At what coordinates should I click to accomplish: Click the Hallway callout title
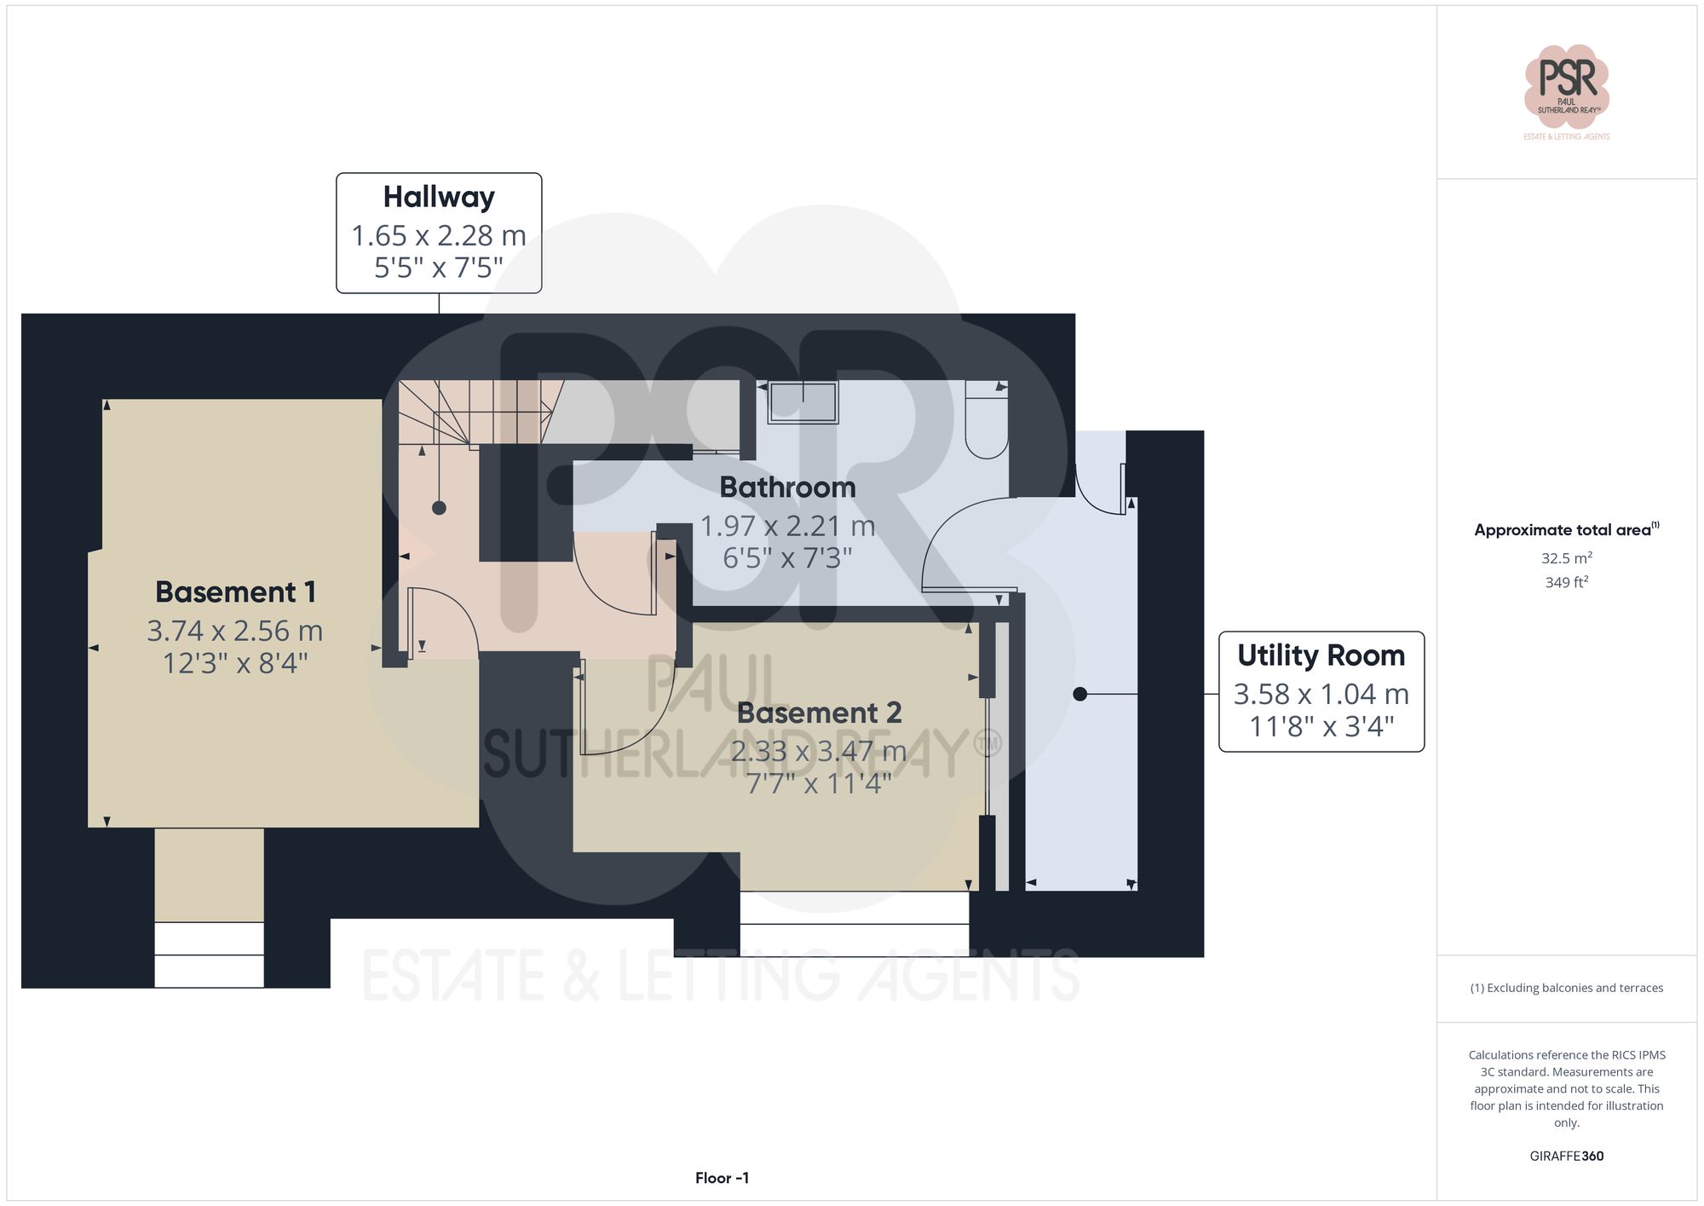pos(439,197)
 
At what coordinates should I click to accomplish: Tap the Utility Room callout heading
pos(1321,655)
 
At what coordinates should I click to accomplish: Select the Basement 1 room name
pos(235,591)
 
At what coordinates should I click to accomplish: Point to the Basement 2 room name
pos(819,713)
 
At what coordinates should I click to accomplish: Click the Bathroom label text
pos(787,488)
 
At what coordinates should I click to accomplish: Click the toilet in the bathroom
pos(987,422)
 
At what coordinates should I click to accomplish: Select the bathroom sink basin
pos(803,402)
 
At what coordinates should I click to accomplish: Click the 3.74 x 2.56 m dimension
pos(235,631)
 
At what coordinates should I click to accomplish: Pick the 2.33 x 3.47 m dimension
pos(819,751)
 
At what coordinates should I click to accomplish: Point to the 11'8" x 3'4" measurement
pos(1321,726)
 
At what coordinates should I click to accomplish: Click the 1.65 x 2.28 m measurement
pos(439,235)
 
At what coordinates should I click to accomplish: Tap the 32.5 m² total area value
pos(1566,558)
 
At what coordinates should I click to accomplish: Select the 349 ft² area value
pos(1566,582)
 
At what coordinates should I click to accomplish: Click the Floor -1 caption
pos(722,1178)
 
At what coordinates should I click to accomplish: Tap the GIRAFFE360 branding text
pos(1566,1156)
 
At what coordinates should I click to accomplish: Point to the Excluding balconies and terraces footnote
pos(1566,988)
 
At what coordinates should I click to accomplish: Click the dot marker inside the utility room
pos(1079,694)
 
